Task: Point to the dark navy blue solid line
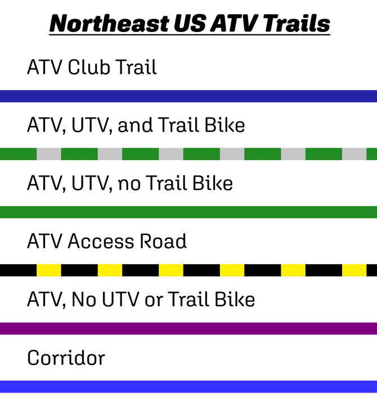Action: (x=188, y=96)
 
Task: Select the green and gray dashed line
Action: (x=188, y=154)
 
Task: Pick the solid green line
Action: (x=188, y=212)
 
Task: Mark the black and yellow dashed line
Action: (x=188, y=270)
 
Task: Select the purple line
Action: (x=188, y=328)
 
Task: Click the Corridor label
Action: (x=66, y=358)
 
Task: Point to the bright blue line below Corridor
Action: (x=188, y=387)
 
